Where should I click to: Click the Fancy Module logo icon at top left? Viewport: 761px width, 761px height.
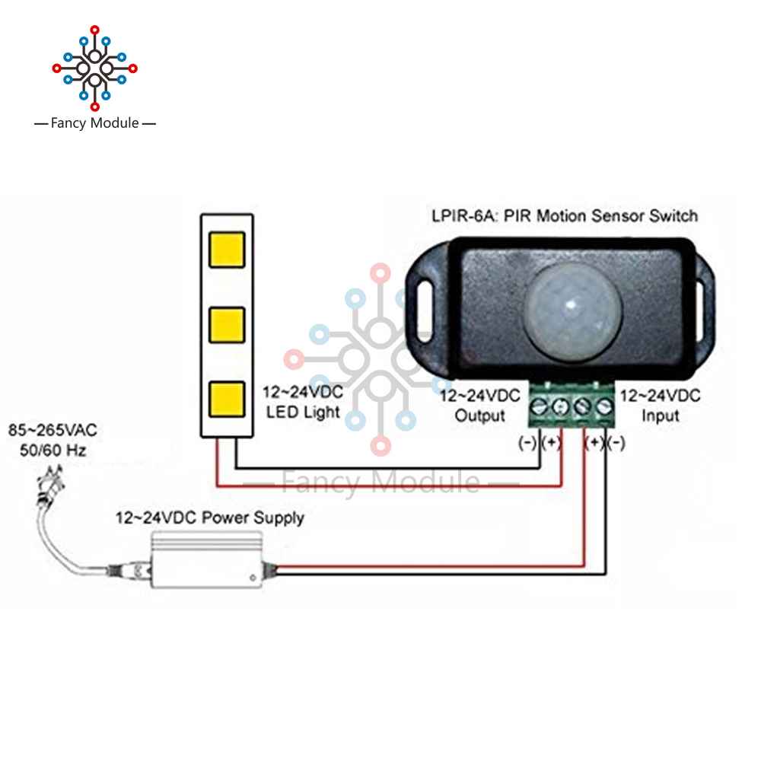(94, 68)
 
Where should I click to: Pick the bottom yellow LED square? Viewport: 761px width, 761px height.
(226, 397)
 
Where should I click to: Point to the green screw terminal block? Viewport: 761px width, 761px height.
(573, 404)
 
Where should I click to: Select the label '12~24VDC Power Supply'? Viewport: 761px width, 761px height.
(209, 518)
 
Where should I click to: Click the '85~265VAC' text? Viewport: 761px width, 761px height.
(53, 431)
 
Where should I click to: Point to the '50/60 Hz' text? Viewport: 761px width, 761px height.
(53, 451)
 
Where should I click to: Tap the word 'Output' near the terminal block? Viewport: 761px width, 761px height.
(479, 416)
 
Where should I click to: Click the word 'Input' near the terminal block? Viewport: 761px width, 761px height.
(659, 416)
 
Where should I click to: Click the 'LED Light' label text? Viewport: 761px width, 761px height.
(302, 412)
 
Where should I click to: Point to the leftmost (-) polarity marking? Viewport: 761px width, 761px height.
(527, 444)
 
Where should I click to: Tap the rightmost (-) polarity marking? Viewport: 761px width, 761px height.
(616, 444)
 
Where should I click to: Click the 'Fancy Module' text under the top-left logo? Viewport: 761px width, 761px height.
(94, 123)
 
